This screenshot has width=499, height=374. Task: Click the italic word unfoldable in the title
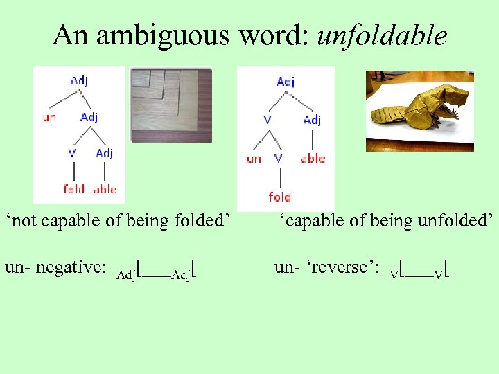coord(382,35)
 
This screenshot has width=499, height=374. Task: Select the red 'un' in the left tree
coord(50,117)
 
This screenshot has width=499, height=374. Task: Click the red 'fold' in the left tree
coord(73,188)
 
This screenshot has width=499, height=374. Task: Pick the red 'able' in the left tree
coord(105,188)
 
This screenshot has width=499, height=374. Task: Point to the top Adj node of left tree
coord(79,80)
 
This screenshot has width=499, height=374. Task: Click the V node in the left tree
coord(72,153)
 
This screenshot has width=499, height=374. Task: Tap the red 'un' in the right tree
coord(254,159)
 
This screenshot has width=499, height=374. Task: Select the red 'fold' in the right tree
coord(279,197)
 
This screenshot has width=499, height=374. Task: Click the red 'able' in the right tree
coord(313,159)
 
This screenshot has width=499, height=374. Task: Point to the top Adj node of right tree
coord(286,82)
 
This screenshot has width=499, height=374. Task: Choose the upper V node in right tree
coord(267,120)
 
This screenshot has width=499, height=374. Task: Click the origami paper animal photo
coord(419,111)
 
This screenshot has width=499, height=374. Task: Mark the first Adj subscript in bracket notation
coord(125,275)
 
